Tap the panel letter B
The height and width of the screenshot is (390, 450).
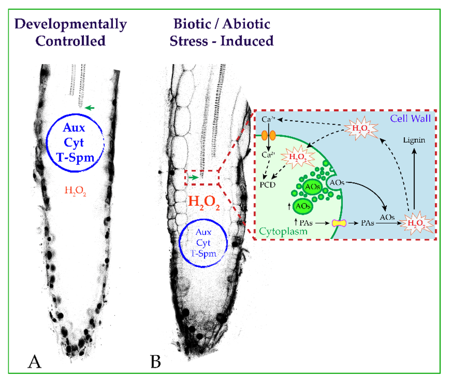[155, 362]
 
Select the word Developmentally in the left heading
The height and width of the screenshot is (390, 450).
[70, 24]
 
